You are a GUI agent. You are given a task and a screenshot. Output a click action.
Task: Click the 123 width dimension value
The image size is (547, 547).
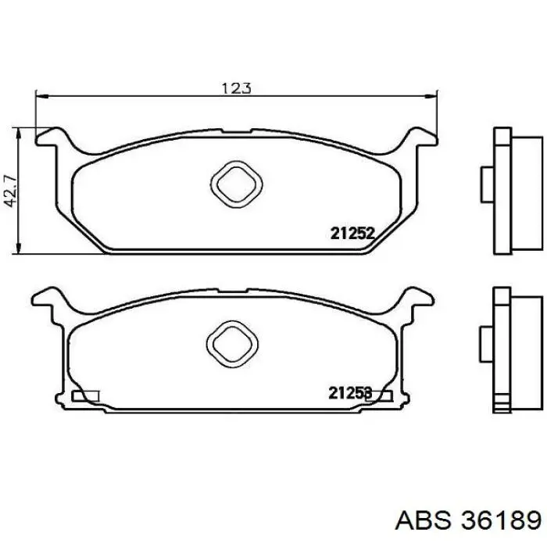237,88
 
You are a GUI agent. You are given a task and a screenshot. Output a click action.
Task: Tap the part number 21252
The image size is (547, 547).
352,234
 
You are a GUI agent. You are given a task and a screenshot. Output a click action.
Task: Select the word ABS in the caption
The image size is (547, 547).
423,520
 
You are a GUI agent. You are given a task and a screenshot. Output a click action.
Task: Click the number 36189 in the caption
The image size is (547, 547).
501,520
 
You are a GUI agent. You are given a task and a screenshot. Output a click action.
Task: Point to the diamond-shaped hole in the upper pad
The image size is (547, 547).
237,184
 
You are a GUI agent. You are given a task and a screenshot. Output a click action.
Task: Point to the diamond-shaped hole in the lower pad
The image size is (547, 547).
232,344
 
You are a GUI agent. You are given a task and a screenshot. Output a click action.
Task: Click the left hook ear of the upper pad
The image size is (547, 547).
52,137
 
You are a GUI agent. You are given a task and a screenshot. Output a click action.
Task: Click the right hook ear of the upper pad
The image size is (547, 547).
422,137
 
